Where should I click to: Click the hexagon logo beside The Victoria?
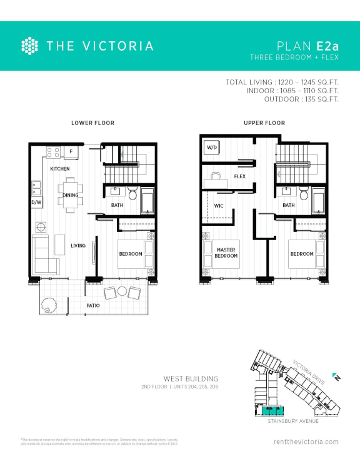(x=30, y=46)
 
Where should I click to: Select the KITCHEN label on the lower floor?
(x=60, y=169)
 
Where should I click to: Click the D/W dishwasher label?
(x=36, y=202)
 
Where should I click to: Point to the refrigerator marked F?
(x=71, y=152)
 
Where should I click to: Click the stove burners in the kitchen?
(x=52, y=152)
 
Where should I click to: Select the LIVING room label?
(x=78, y=246)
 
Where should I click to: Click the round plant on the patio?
(x=49, y=305)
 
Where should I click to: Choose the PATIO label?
(x=94, y=305)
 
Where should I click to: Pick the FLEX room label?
(x=239, y=176)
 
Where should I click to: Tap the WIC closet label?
(x=219, y=205)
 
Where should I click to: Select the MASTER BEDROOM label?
(x=226, y=253)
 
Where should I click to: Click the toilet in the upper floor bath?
(x=304, y=194)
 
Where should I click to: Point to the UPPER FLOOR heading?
(x=264, y=123)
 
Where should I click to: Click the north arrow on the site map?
(x=336, y=377)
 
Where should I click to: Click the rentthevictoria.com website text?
(x=306, y=442)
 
